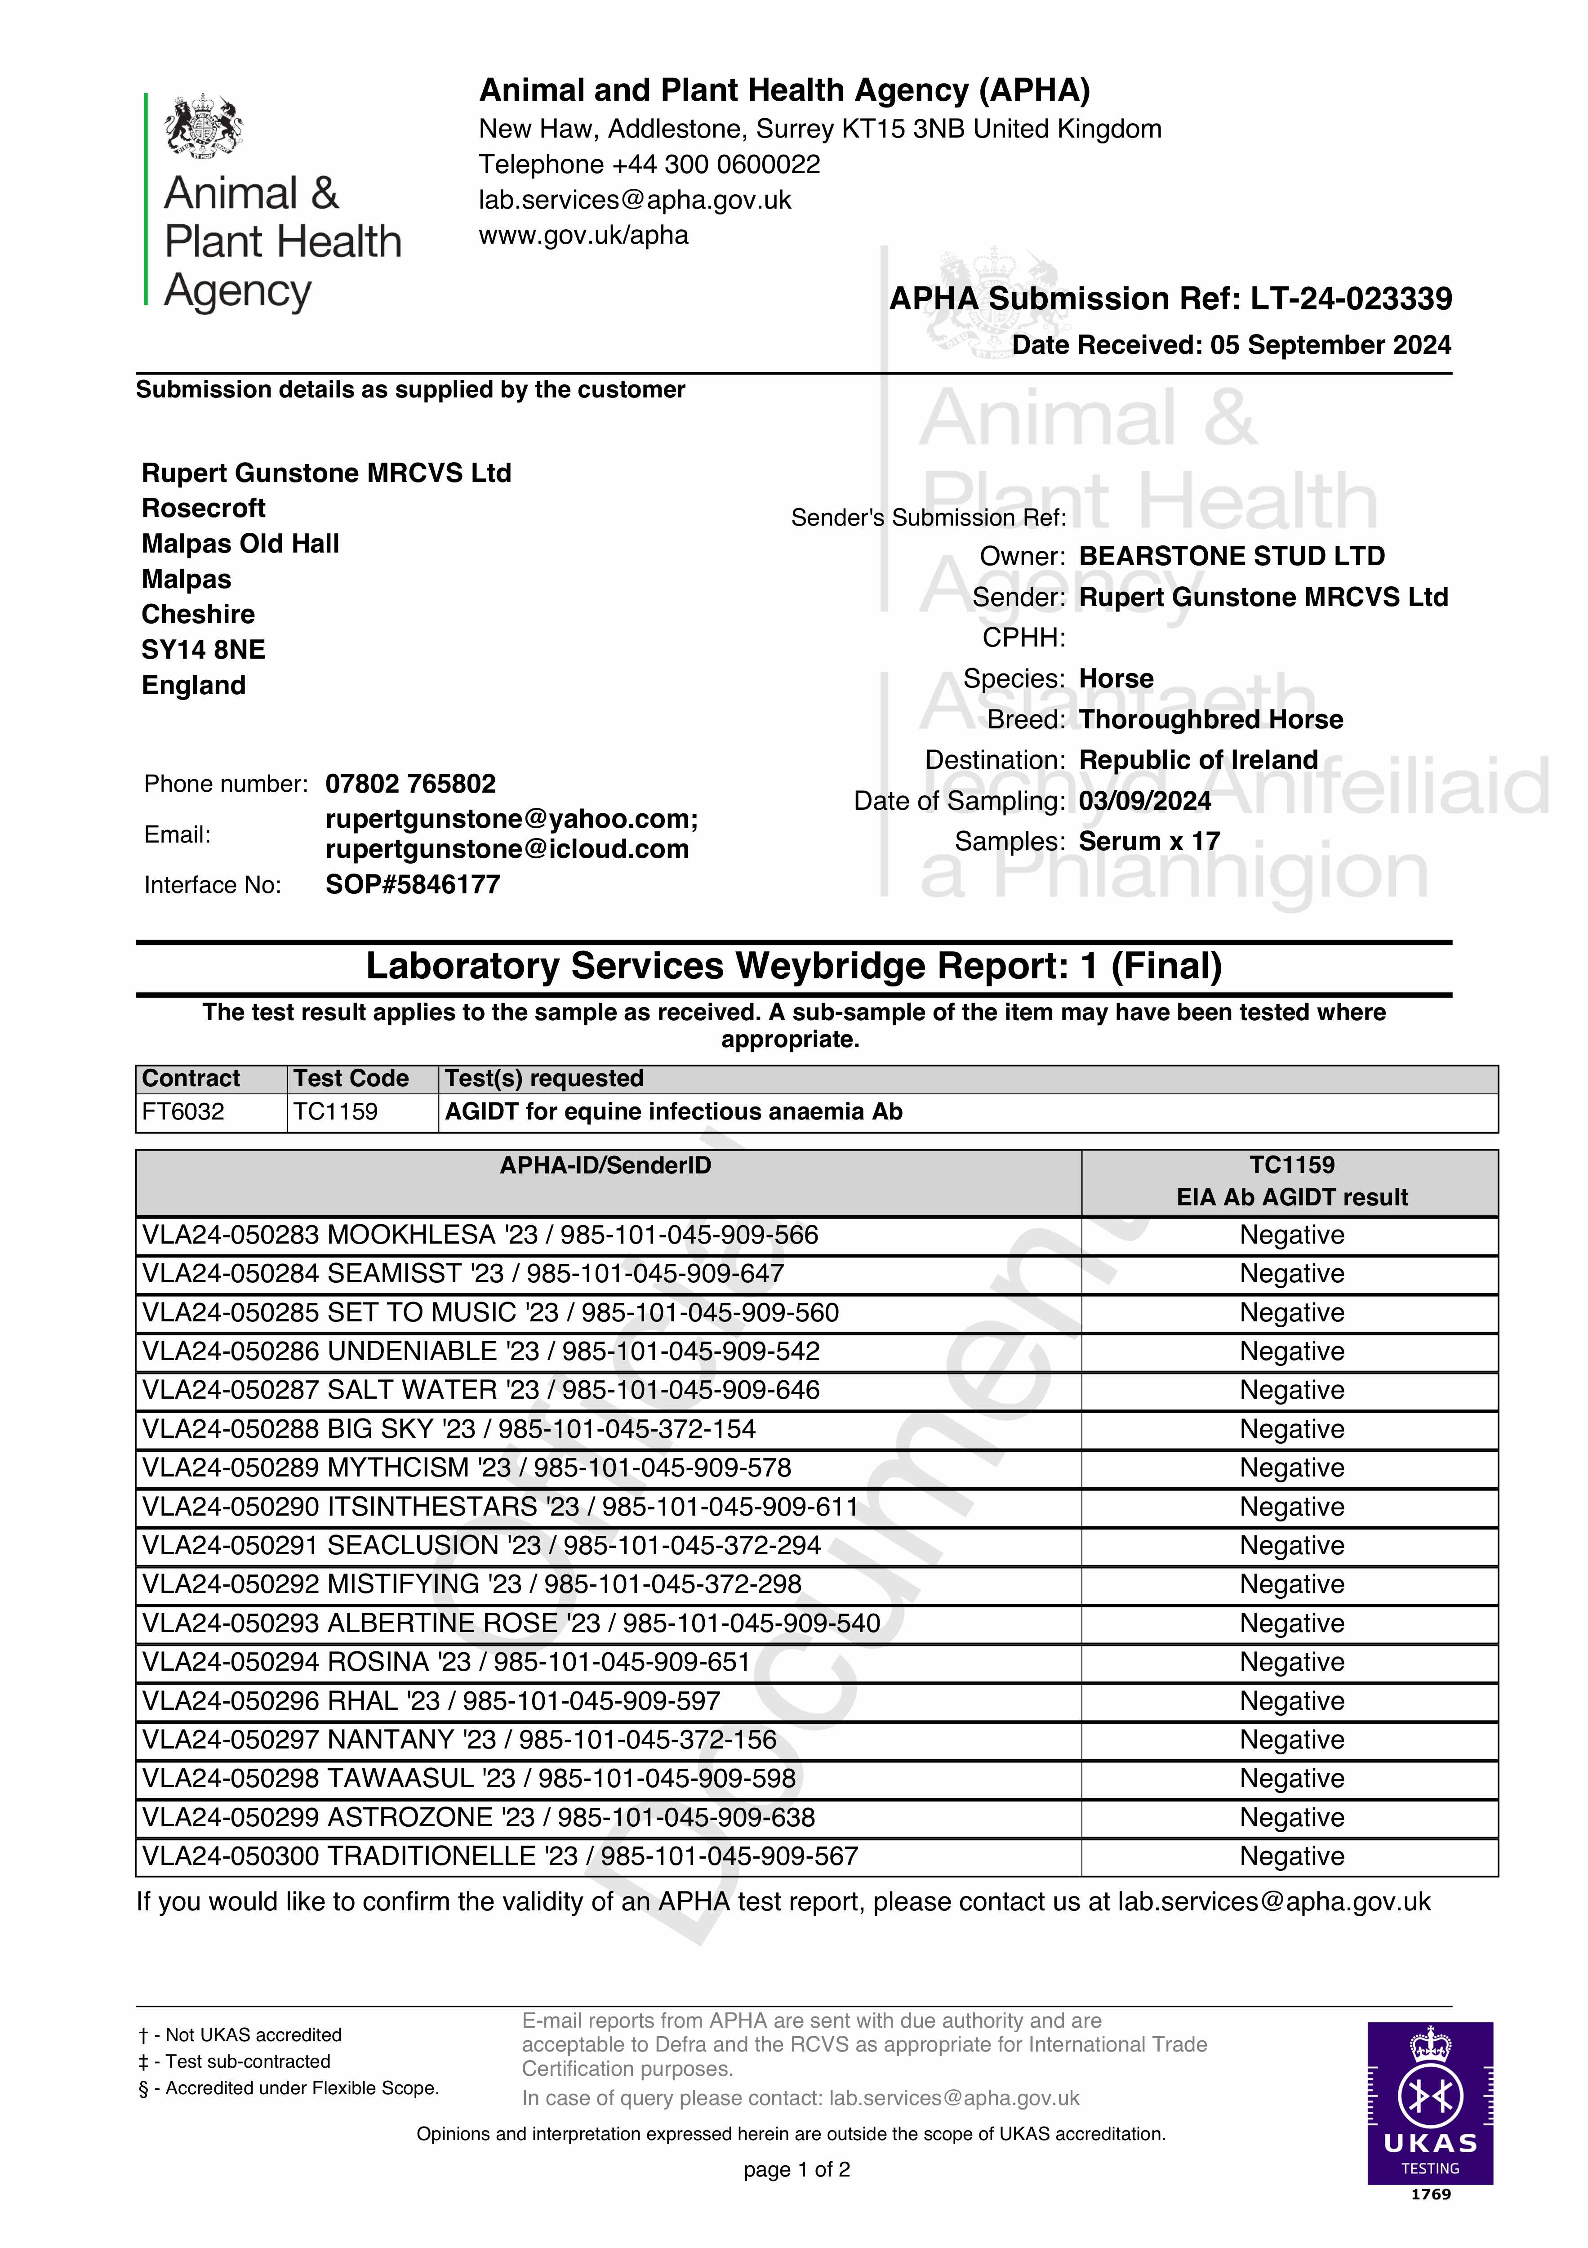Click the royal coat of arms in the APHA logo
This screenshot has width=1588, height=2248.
[204, 125]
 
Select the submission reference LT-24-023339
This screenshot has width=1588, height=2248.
[1351, 299]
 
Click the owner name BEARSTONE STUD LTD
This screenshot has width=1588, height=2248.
[1232, 556]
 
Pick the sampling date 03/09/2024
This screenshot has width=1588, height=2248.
[1144, 801]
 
